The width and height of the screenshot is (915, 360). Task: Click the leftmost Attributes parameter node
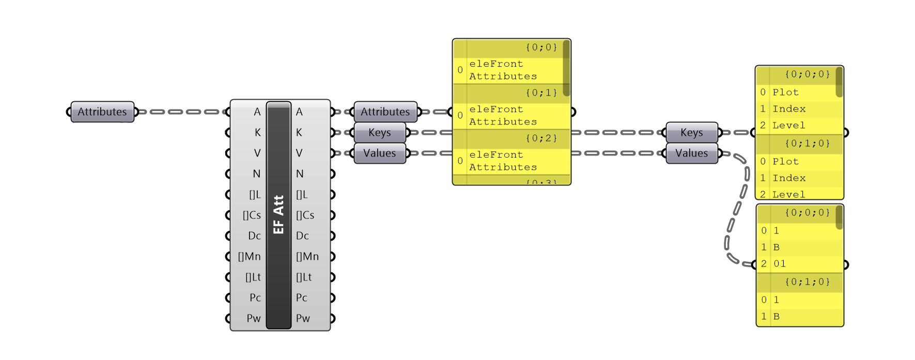coord(102,112)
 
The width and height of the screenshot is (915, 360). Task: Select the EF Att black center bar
coord(278,214)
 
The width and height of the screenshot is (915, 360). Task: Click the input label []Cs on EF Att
coord(252,215)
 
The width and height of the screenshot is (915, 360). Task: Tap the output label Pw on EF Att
coord(303,318)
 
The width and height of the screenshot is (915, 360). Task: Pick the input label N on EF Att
coord(257,174)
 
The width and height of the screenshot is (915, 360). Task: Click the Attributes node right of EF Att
coord(385,112)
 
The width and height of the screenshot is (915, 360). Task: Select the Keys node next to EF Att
coord(380,132)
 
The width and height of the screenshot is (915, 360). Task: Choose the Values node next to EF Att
coord(380,153)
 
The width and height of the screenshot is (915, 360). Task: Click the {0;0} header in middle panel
coord(541,48)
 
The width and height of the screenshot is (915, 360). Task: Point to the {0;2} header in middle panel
coord(541,138)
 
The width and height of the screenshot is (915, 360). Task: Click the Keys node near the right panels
coord(691,132)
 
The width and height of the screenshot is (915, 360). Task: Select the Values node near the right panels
coord(691,153)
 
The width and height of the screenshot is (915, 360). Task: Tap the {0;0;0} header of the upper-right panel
coord(807,74)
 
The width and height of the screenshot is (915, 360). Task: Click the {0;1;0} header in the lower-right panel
coord(807,282)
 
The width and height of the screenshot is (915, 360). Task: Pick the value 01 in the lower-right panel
coord(780,264)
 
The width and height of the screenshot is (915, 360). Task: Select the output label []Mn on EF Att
coord(307,256)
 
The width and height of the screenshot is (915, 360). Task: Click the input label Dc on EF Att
coord(254,236)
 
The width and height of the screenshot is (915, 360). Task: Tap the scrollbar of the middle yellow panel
coord(566,67)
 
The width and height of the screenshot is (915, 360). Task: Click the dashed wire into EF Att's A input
coord(181,112)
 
